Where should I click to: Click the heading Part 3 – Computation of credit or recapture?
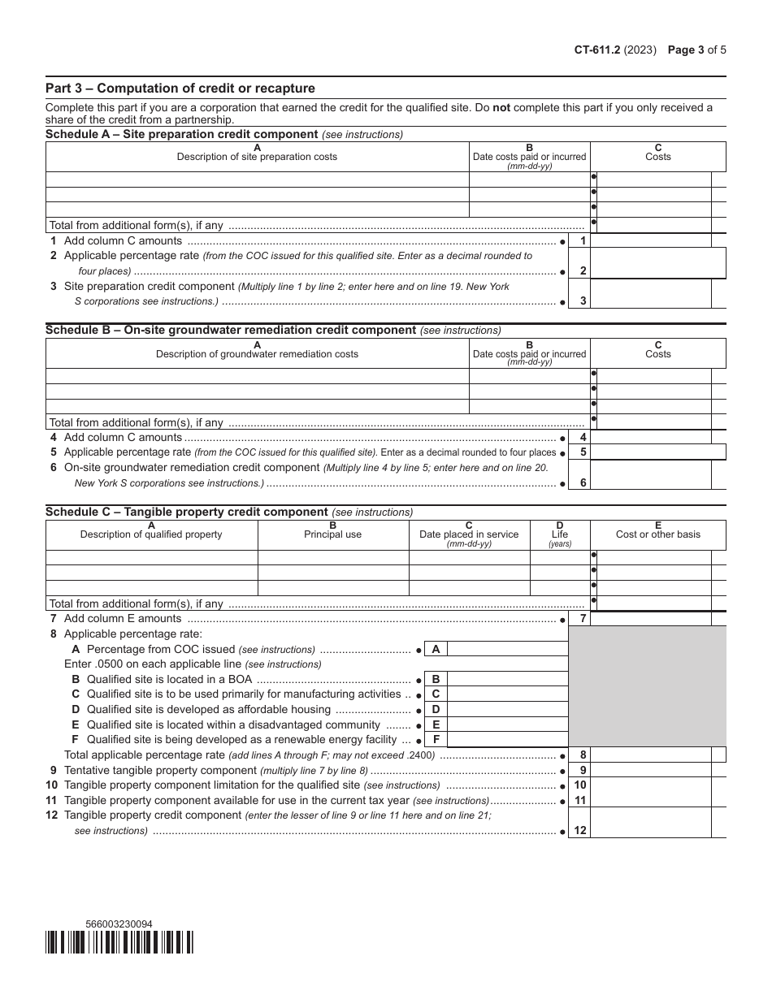coord(180,89)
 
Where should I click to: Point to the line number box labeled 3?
coord(583,301)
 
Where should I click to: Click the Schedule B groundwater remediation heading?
coord(231,331)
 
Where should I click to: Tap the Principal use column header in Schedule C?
coord(333,534)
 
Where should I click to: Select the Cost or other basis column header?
coord(658,534)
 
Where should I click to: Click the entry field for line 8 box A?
coord(507,649)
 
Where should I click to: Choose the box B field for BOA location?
coord(507,679)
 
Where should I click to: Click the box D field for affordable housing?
coord(507,709)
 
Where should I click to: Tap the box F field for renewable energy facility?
coord(507,740)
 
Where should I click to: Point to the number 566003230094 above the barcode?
coord(119,924)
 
